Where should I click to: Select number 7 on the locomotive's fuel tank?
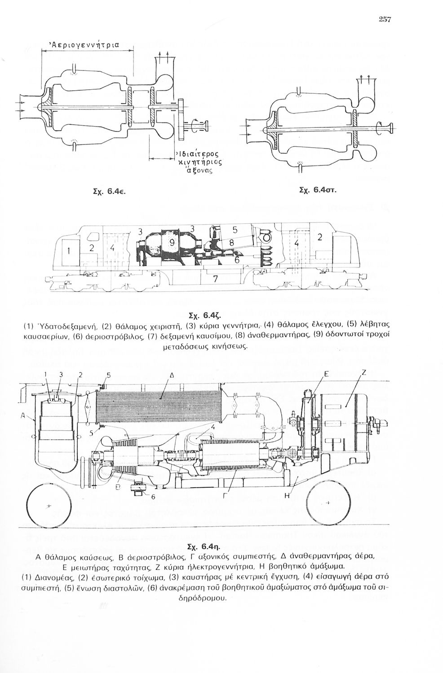[x=215, y=279]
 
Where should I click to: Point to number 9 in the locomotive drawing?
[x=172, y=244]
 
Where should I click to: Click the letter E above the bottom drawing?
[x=327, y=373]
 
